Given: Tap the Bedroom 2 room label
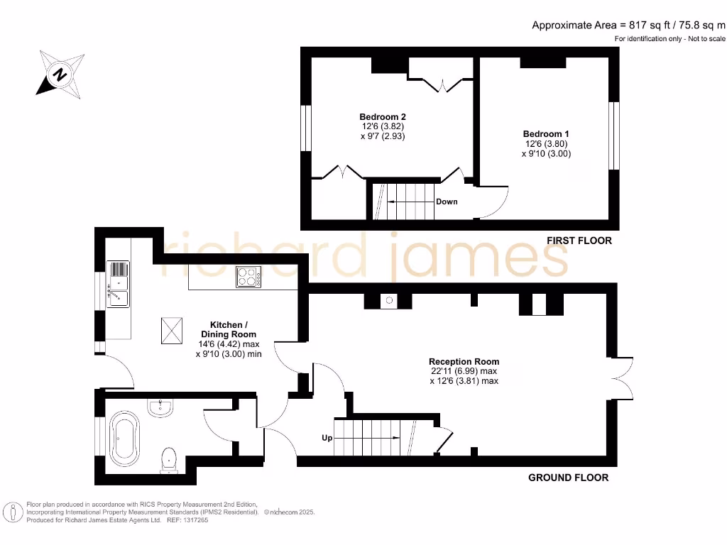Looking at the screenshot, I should point(382,117).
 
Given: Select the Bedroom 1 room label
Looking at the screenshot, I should point(546,134).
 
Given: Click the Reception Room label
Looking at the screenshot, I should point(464,361).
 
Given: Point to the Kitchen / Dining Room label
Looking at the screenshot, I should point(228,329).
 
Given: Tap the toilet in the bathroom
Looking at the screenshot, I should point(170,459).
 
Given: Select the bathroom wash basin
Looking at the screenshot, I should point(162,407).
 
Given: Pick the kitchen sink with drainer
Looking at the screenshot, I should point(118,284).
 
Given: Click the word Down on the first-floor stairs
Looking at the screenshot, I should point(447,202).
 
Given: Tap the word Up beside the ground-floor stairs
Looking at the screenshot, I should point(327,438).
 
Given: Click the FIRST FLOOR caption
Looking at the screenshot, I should point(579,241).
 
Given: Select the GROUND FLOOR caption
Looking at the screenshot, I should point(568,478).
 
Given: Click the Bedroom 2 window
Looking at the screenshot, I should point(306,128).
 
